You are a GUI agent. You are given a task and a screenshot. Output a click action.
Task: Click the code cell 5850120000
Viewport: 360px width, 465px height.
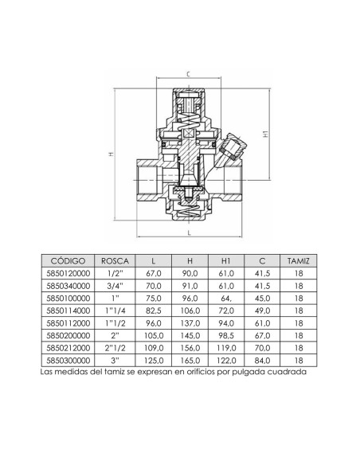67,275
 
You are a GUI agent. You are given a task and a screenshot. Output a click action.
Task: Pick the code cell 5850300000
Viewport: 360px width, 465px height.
67,360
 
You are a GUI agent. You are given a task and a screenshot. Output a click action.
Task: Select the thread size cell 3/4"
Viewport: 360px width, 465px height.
112,287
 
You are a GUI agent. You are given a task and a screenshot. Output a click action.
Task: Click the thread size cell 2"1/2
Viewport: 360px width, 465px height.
112,348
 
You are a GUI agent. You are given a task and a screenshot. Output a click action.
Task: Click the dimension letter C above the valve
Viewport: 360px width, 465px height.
186,73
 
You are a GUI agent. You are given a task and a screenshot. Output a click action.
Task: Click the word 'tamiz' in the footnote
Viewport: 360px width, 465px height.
121,370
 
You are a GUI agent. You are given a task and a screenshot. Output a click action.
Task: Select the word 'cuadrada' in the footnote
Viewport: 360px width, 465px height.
284,370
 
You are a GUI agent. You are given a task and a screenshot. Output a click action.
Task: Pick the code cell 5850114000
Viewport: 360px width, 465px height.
67,311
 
